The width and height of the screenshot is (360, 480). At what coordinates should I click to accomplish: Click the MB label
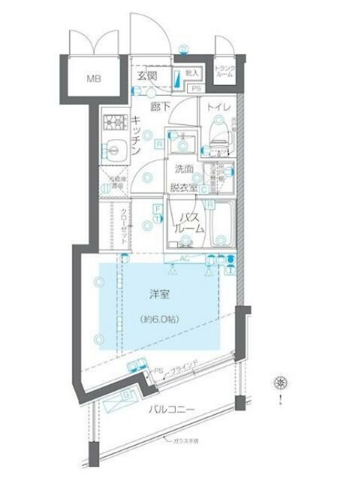click(94, 78)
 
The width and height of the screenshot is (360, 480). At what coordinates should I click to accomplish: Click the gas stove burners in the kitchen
click(112, 124)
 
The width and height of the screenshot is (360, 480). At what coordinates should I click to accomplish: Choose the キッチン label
click(136, 136)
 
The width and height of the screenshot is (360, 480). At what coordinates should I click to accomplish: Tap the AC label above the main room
click(185, 259)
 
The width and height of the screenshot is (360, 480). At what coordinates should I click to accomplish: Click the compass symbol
click(281, 383)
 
